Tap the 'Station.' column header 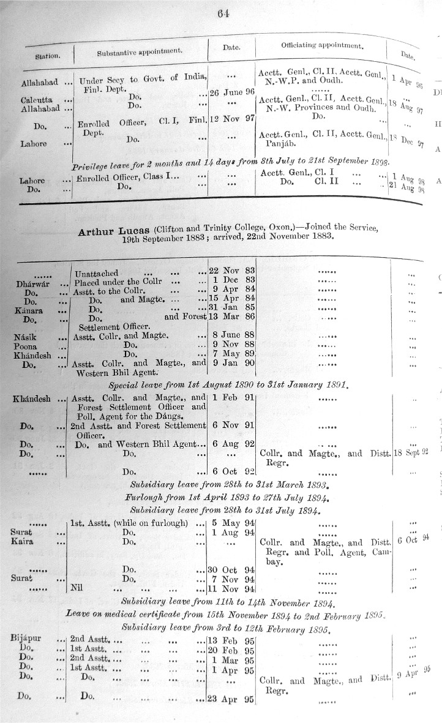pyautogui.click(x=47, y=56)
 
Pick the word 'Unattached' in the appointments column pyautogui.click(x=97, y=272)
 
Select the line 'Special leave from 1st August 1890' pyautogui.click(x=228, y=386)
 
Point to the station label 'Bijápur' pyautogui.click(x=26, y=639)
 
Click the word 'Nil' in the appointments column pyautogui.click(x=77, y=589)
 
